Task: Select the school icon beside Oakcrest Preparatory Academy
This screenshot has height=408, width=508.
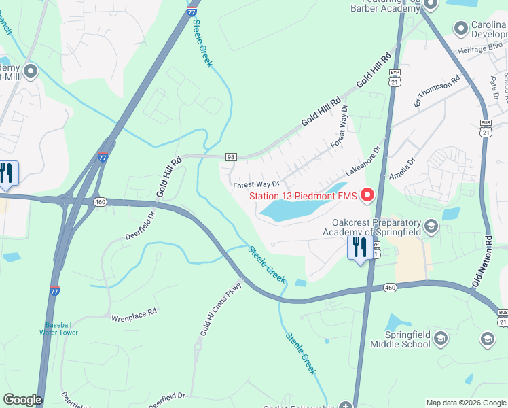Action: pyautogui.click(x=430, y=226)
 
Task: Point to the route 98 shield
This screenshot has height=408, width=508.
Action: pyautogui.click(x=230, y=157)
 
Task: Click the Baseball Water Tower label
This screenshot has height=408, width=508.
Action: pyautogui.click(x=61, y=328)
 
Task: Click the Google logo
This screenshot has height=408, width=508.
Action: pyautogui.click(x=22, y=400)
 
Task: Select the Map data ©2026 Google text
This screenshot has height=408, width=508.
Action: pyautogui.click(x=466, y=403)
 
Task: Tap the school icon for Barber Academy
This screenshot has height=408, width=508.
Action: pyautogui.click(x=430, y=5)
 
